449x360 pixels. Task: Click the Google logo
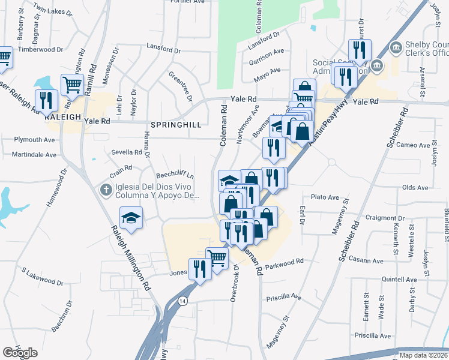point(20,353)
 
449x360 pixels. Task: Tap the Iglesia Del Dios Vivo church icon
point(106,190)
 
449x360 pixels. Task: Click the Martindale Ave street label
point(34,155)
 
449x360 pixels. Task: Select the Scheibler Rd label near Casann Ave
point(349,242)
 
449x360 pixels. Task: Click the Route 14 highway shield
point(183,300)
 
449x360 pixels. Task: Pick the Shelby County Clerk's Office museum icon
point(395,47)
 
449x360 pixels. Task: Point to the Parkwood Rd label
point(285,263)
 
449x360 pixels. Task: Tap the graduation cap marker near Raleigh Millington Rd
point(130,218)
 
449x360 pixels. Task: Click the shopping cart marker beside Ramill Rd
point(72,85)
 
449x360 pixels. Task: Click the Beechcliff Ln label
point(175,175)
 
